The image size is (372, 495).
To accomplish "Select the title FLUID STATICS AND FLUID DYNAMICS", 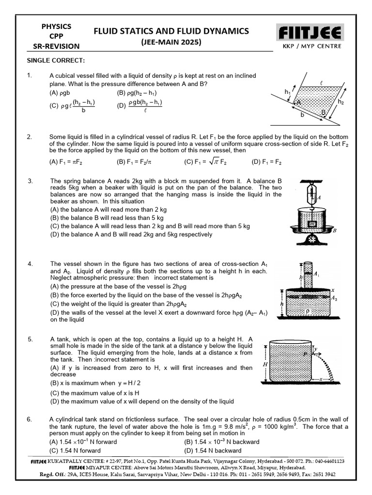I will pyautogui.click(x=171, y=31).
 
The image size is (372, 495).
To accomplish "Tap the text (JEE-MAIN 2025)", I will pyautogui.click(x=171, y=42).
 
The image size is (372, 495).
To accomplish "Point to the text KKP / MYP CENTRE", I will pyautogui.click(x=310, y=46).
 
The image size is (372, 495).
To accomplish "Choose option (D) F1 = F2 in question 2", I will pyautogui.click(x=266, y=162).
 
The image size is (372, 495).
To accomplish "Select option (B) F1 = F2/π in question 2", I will pyautogui.click(x=134, y=162).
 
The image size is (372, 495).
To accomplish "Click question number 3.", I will pyautogui.click(x=30, y=181).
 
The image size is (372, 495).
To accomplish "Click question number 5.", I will pyautogui.click(x=30, y=339).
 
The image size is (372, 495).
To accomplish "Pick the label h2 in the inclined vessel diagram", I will pyautogui.click(x=341, y=102).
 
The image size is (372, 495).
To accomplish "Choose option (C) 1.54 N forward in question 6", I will pyautogui.click(x=75, y=451).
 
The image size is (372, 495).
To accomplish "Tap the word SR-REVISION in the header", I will pyautogui.click(x=56, y=46).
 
